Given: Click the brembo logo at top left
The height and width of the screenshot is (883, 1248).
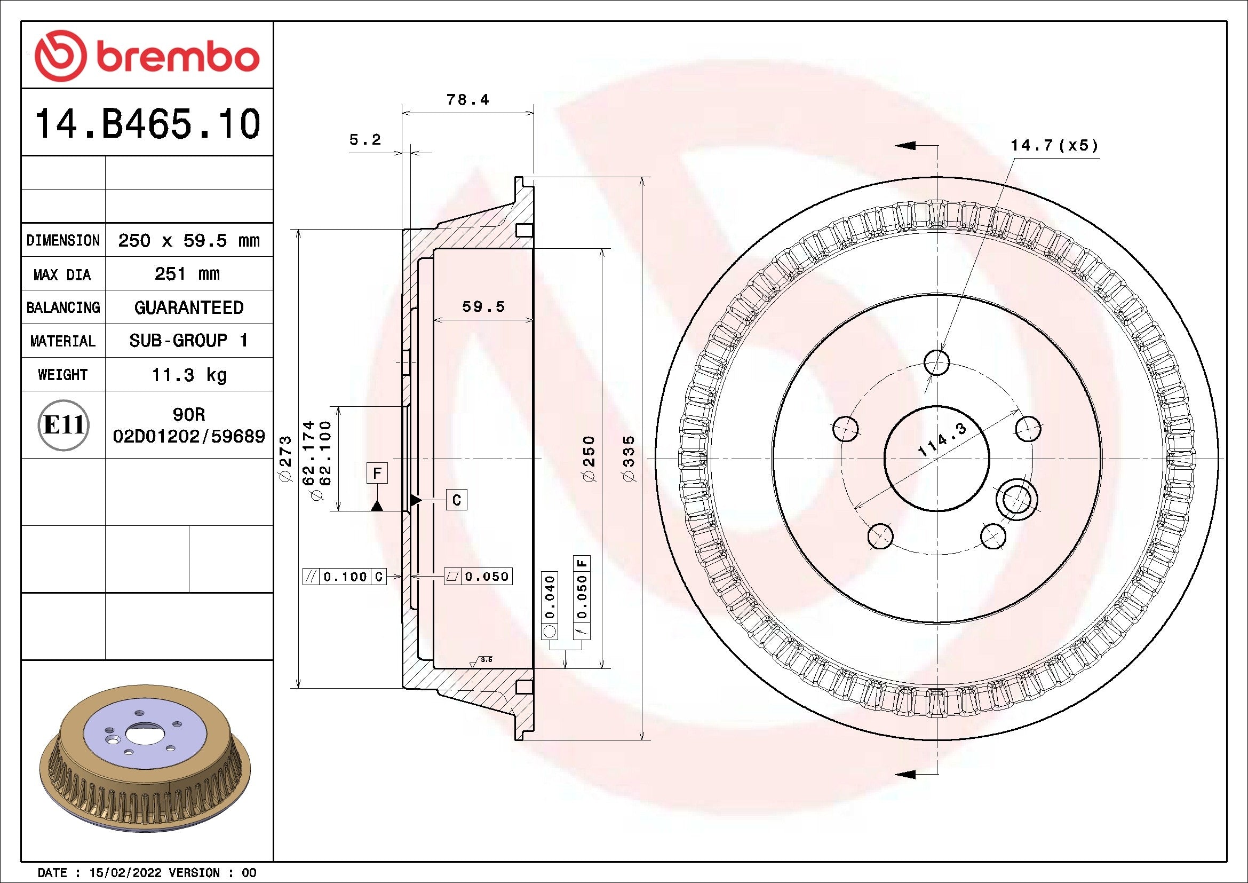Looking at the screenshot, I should pyautogui.click(x=147, y=56).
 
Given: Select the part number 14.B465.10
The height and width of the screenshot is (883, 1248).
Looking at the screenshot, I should pyautogui.click(x=147, y=124).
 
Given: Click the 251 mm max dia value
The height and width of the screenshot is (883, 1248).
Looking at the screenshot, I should pyautogui.click(x=187, y=273).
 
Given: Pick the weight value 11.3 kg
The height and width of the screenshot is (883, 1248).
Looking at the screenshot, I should pyautogui.click(x=188, y=375).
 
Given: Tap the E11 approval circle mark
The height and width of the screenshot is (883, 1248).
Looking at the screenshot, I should pyautogui.click(x=63, y=424).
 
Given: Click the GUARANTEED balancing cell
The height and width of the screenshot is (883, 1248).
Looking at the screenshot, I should pyautogui.click(x=188, y=308).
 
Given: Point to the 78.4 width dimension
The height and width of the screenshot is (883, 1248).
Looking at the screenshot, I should pyautogui.click(x=467, y=100).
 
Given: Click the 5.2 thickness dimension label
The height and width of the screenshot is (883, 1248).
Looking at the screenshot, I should pyautogui.click(x=365, y=140).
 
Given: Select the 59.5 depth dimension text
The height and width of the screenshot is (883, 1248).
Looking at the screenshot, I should pyautogui.click(x=483, y=306).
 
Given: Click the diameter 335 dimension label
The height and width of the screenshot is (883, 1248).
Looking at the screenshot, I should pyautogui.click(x=629, y=458).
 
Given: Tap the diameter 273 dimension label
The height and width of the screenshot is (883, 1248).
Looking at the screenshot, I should pyautogui.click(x=286, y=458).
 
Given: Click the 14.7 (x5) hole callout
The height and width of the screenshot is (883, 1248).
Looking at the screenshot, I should pyautogui.click(x=1054, y=146).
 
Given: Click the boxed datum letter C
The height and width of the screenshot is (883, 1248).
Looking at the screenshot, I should pyautogui.click(x=457, y=500).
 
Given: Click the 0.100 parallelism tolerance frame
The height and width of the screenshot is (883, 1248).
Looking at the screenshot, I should pyautogui.click(x=345, y=577).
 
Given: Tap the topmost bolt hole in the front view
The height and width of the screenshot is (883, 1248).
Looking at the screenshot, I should pyautogui.click(x=936, y=362).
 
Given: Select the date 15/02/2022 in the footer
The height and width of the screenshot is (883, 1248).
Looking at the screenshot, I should pyautogui.click(x=125, y=873).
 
